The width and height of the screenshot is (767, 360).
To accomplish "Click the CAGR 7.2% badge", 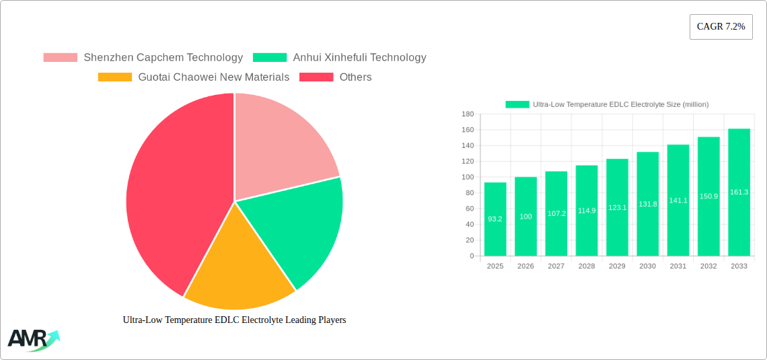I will [721, 27].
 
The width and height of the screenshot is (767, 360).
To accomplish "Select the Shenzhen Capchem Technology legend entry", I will [143, 58].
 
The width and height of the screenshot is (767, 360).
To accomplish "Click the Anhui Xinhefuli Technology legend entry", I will [340, 58].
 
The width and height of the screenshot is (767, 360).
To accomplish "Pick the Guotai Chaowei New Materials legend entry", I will [194, 77].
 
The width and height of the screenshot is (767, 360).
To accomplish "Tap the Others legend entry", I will [336, 77].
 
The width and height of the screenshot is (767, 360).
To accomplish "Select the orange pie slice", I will [235, 269].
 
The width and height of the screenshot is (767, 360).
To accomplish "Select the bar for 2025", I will [495, 219].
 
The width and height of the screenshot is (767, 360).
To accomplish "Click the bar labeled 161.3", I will [739, 192].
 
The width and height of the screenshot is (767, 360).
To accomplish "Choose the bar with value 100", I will [525, 216].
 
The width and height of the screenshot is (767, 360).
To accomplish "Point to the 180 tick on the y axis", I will [468, 114].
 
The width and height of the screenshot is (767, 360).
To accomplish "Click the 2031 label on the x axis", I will [678, 266].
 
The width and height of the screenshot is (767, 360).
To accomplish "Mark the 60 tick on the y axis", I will [470, 209].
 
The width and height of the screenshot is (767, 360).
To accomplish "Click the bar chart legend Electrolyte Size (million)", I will [607, 104].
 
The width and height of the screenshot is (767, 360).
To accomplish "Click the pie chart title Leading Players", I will [234, 320].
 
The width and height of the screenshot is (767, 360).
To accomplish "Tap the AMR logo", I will [32, 340].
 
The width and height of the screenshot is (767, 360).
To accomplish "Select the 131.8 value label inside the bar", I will [647, 204].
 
